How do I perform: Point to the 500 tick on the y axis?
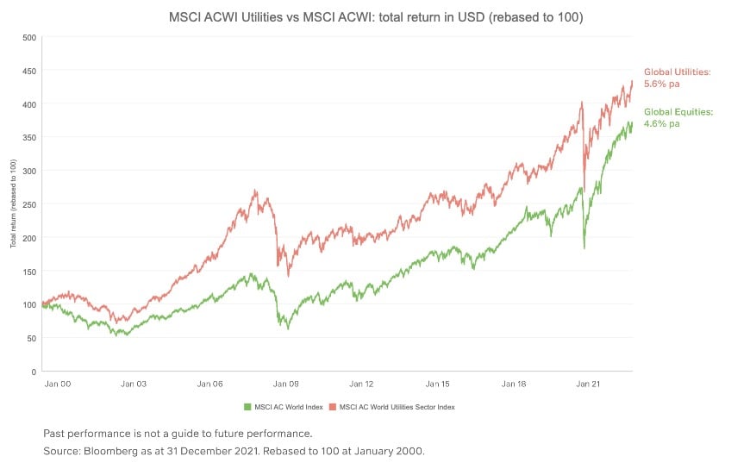click(x=28, y=37)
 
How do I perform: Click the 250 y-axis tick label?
click(x=28, y=204)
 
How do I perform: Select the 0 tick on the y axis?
click(x=33, y=372)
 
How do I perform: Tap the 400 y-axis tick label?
click(x=28, y=104)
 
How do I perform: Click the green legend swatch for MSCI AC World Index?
click(x=247, y=406)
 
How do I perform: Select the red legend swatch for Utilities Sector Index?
click(x=333, y=406)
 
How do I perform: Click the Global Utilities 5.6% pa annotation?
click(x=677, y=77)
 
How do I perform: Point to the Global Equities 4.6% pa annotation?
click(x=678, y=117)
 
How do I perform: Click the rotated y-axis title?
click(x=13, y=204)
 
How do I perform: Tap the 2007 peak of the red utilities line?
click(x=256, y=191)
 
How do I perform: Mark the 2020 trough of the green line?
click(x=584, y=248)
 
